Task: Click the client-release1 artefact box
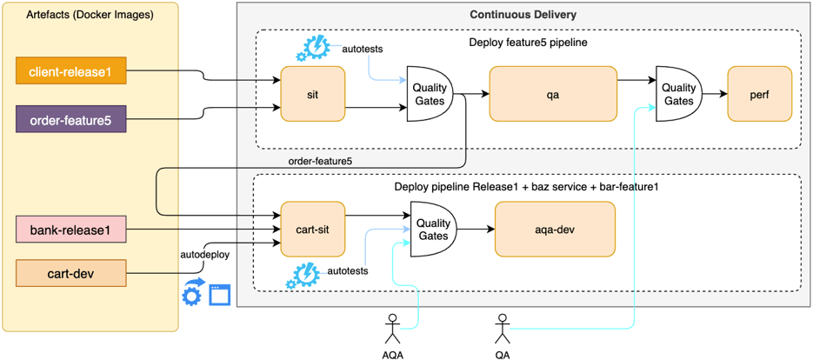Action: [x=71, y=71]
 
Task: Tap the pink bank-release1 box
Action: [x=71, y=230]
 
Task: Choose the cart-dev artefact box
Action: [x=71, y=274]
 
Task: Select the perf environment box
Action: [x=759, y=93]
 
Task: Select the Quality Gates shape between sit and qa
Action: [x=430, y=93]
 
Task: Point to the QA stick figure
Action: [x=502, y=330]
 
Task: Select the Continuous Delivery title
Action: [x=523, y=15]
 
